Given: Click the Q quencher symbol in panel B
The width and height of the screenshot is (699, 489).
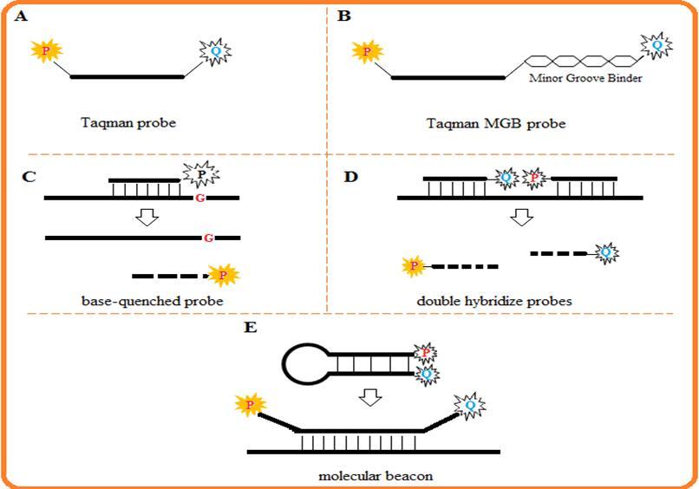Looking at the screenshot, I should pyautogui.click(x=657, y=42).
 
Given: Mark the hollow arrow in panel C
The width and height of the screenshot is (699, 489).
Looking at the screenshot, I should pyautogui.click(x=148, y=217).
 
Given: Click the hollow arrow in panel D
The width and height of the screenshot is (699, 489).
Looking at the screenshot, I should pyautogui.click(x=519, y=216).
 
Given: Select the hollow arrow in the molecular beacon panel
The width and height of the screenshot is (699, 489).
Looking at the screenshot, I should pyautogui.click(x=371, y=396).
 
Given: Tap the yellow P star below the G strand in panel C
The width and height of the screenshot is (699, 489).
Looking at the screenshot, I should pyautogui.click(x=224, y=275).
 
